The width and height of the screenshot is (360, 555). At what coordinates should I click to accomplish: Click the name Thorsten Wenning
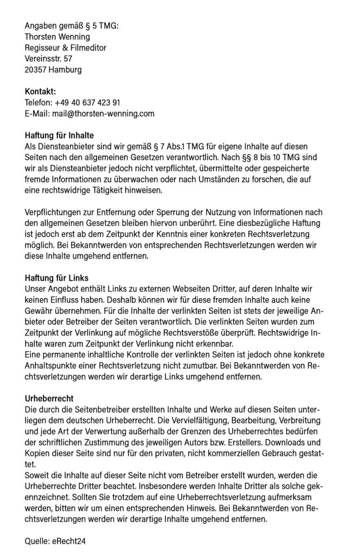coord(59,37)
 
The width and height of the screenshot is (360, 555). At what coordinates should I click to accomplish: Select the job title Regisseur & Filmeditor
coord(66,48)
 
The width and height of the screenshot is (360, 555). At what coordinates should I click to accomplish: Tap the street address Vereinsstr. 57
coord(48,59)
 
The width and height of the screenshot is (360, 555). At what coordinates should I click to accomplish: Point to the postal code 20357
coord(36,69)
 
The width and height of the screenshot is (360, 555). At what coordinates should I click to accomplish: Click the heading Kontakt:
coord(41,92)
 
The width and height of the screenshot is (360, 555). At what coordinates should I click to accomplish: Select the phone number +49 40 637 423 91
coord(87,102)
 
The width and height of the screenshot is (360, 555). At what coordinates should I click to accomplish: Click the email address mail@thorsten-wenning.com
coord(103,113)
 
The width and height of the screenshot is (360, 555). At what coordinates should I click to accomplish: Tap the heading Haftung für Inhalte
coord(60,135)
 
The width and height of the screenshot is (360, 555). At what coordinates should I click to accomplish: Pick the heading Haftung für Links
coord(57,278)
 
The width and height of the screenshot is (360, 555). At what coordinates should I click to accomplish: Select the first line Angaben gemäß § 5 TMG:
coord(72,26)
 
